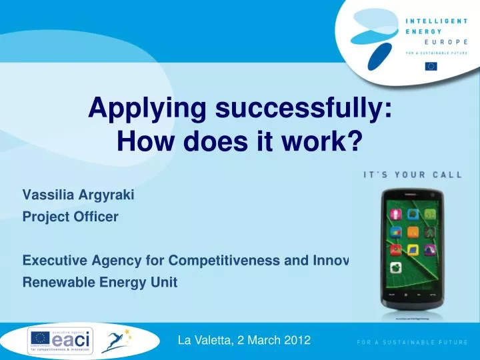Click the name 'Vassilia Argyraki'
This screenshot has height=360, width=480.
pos(79,195)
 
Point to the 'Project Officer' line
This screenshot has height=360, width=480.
pos(71,216)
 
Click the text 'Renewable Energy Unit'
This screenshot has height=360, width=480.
pos(100,281)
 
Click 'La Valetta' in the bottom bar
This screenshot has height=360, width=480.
pos(201,340)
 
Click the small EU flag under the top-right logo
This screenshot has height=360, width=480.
pos(431,65)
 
